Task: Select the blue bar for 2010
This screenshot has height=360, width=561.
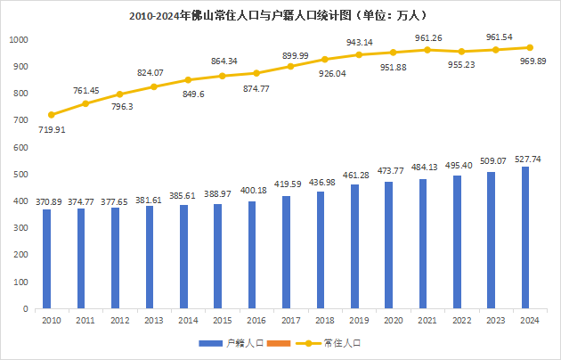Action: click(x=46, y=258)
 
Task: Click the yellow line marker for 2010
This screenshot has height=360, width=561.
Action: click(x=51, y=115)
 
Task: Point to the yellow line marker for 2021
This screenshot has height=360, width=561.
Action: click(x=428, y=50)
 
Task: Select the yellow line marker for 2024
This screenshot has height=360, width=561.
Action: click(x=530, y=48)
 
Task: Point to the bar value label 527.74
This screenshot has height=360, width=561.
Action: click(x=529, y=159)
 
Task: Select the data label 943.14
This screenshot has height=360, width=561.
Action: click(x=360, y=42)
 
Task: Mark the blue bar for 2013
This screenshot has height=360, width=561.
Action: click(x=150, y=258)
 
